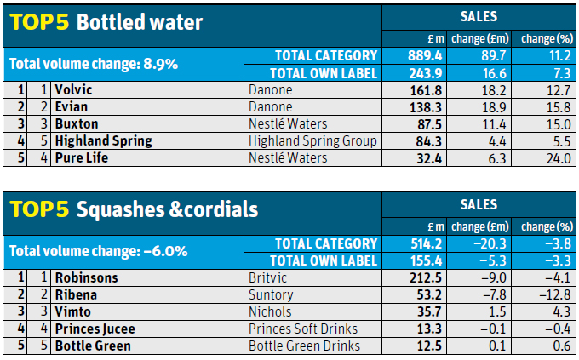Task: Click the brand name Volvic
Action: [x=73, y=89]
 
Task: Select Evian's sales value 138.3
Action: [x=427, y=106]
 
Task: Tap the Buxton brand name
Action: [x=77, y=123]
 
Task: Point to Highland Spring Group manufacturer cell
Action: [x=312, y=140]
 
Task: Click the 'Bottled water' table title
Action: [x=140, y=22]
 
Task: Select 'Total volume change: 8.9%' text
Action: [x=93, y=64]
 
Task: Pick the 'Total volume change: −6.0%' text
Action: [x=99, y=252]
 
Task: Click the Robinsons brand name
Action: [x=87, y=277]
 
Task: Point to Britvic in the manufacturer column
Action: [x=270, y=277]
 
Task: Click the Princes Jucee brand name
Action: [x=95, y=329]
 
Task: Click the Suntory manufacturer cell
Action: [x=271, y=294]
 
